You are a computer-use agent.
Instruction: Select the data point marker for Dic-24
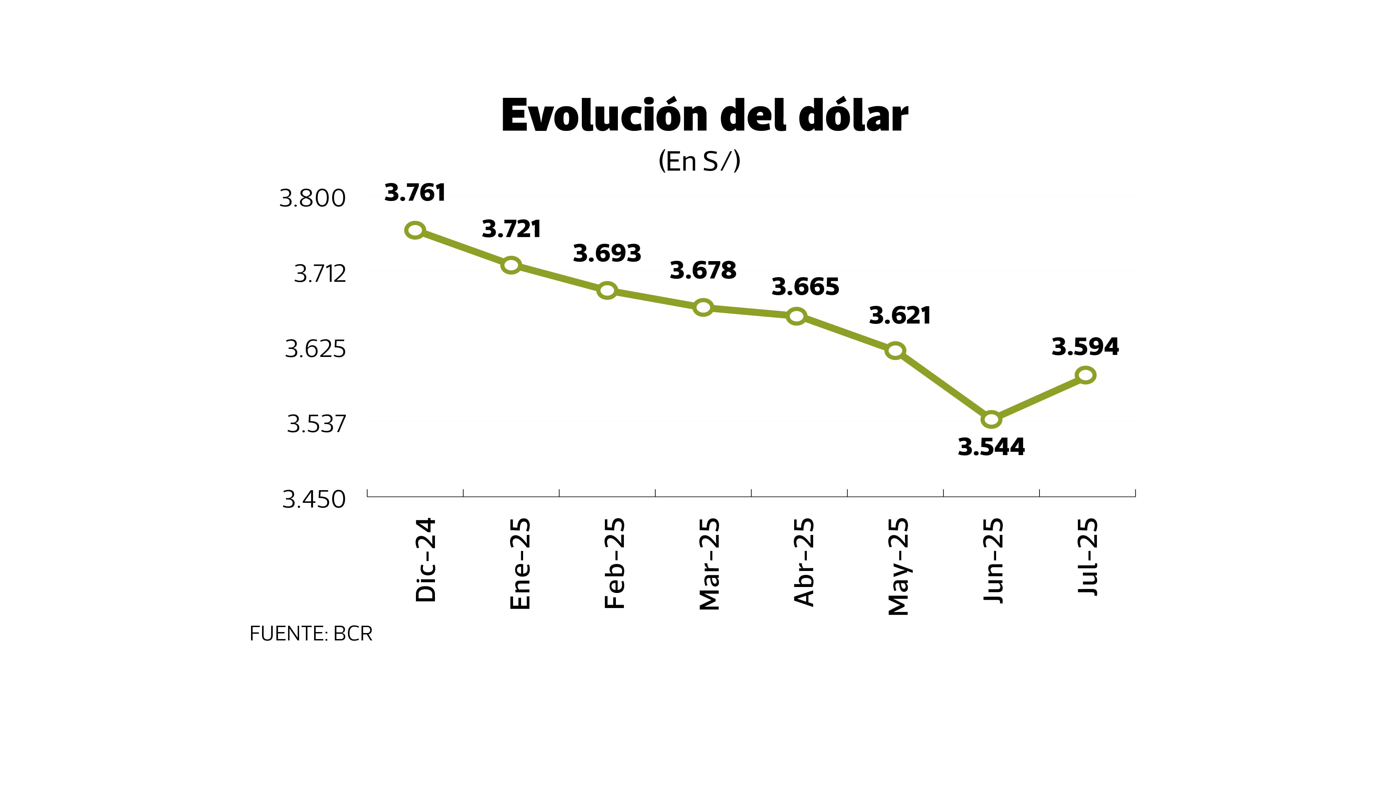point(415,230)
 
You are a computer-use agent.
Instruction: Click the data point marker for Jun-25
point(991,419)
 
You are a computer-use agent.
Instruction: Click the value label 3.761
point(415,193)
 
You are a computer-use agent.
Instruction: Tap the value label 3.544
point(991,447)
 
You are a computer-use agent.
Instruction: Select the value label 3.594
point(1085,347)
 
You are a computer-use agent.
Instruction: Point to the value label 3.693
point(607,253)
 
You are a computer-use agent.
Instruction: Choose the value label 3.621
point(900,316)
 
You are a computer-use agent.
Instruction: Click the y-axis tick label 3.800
point(313,199)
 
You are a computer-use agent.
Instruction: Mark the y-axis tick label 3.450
point(314,500)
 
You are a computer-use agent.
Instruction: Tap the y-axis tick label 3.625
point(315,349)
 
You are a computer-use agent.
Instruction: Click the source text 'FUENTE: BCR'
point(311,634)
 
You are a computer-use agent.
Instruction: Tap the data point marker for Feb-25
point(607,290)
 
